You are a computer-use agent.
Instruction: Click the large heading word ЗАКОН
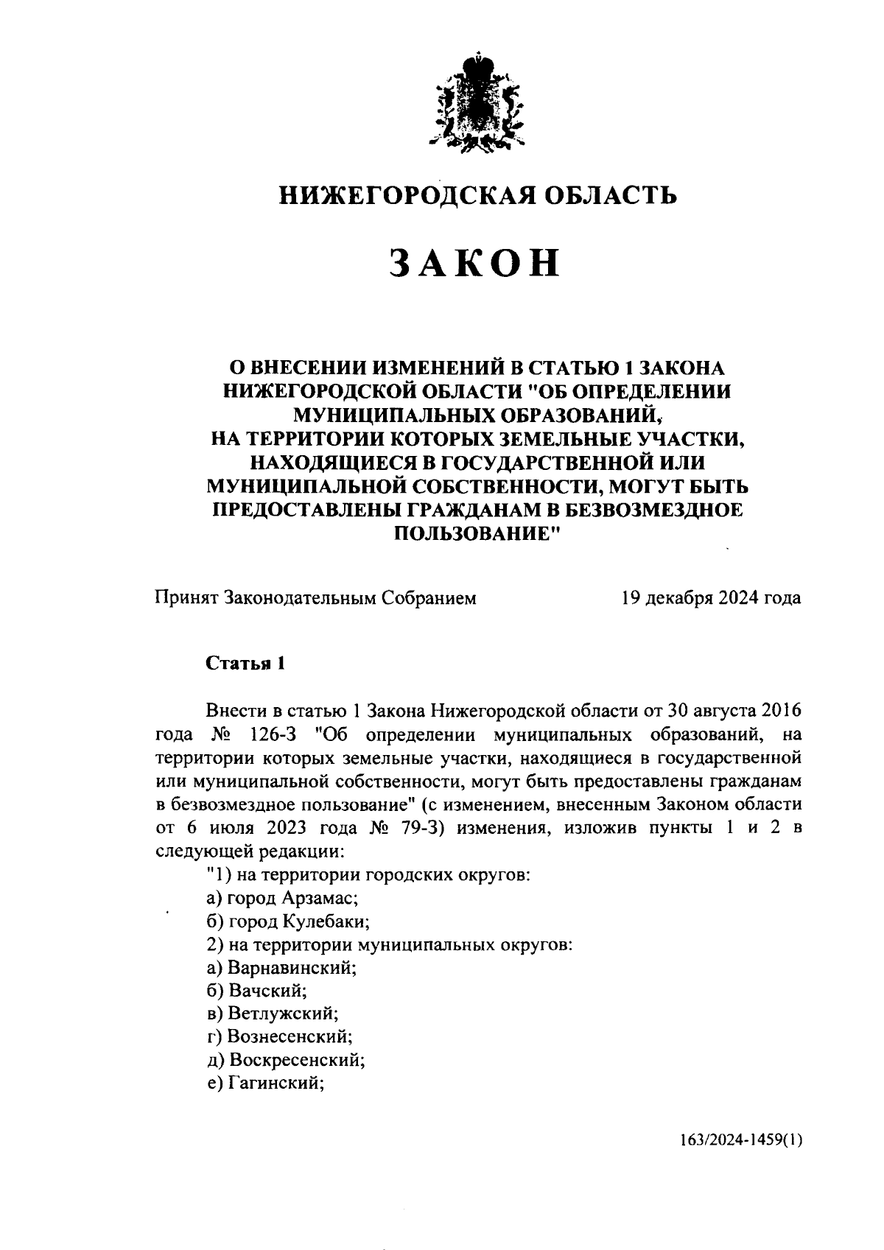(x=475, y=263)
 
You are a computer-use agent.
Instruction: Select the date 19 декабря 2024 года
(x=711, y=597)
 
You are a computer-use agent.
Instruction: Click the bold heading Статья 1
(x=245, y=663)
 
